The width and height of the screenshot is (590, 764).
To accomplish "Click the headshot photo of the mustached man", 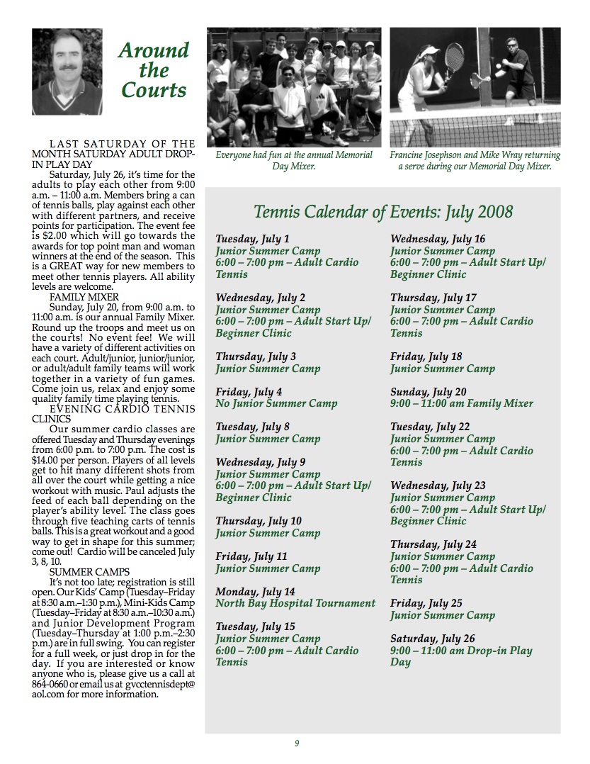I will (67, 72).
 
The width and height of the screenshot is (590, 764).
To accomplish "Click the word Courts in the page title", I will (154, 90).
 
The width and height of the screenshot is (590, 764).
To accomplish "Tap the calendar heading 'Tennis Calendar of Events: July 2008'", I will (383, 211).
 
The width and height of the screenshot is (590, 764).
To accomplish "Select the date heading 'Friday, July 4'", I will (249, 392).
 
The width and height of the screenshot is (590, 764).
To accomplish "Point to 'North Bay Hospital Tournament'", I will (295, 603).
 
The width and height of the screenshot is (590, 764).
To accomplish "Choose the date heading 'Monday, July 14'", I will (255, 592).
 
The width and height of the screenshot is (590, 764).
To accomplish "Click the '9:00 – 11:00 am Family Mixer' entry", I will (461, 403).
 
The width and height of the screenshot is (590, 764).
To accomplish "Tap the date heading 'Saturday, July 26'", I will (433, 639).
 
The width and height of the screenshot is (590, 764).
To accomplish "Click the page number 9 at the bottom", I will (297, 743).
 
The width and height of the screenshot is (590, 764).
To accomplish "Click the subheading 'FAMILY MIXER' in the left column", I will (84, 298).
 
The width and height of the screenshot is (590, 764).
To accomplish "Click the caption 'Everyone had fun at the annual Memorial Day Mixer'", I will (293, 160).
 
